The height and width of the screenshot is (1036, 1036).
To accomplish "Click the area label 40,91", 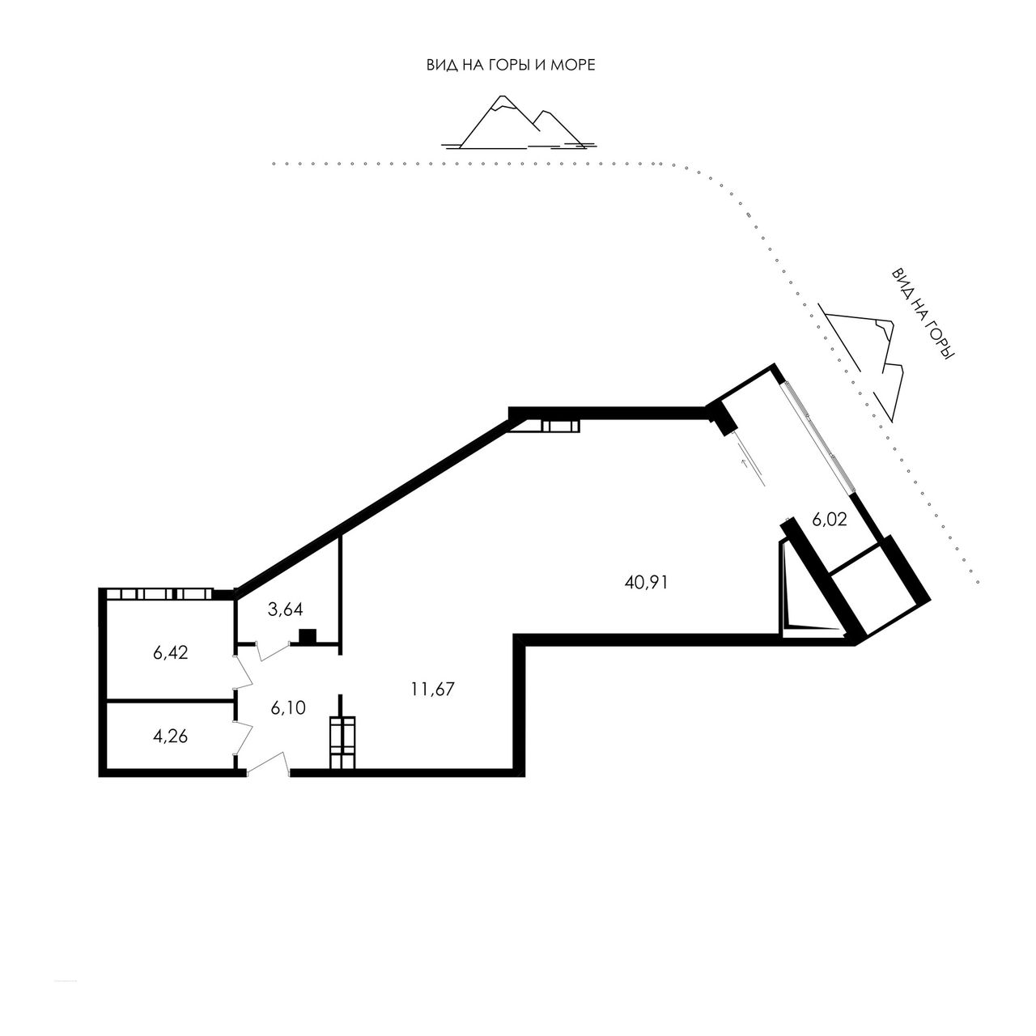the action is (x=646, y=582).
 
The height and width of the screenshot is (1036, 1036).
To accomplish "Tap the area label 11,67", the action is (x=433, y=689).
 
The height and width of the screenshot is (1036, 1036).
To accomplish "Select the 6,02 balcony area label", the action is (x=829, y=520).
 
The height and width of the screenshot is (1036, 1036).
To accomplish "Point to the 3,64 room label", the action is (x=286, y=609).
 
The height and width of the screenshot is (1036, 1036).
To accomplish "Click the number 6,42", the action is (x=171, y=652).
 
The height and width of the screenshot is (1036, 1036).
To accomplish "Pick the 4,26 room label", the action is (x=171, y=736).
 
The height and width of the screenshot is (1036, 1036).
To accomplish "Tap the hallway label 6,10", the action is (x=288, y=708).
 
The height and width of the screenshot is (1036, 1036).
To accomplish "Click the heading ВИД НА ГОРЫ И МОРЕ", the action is (x=511, y=65).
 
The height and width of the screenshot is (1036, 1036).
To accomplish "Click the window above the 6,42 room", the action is (x=159, y=594).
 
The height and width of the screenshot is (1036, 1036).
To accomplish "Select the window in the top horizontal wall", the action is (x=553, y=427).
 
